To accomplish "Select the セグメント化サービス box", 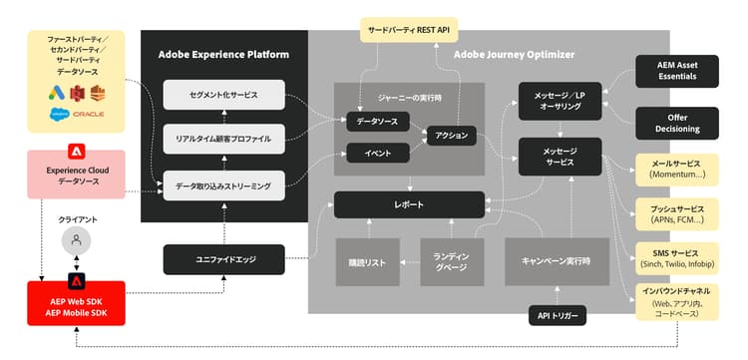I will (223, 95).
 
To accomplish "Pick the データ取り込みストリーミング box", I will (223, 183).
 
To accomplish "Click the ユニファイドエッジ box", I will (223, 259).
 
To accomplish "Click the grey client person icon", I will (76, 239).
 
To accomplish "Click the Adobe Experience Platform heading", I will (223, 54).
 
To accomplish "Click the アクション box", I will (451, 135).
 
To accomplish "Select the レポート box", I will (409, 204).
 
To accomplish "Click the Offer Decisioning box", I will (677, 123).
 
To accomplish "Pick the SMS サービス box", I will (677, 259).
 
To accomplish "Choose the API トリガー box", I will (557, 316).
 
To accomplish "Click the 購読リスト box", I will (366, 261).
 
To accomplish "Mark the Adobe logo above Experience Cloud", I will (76, 152).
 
